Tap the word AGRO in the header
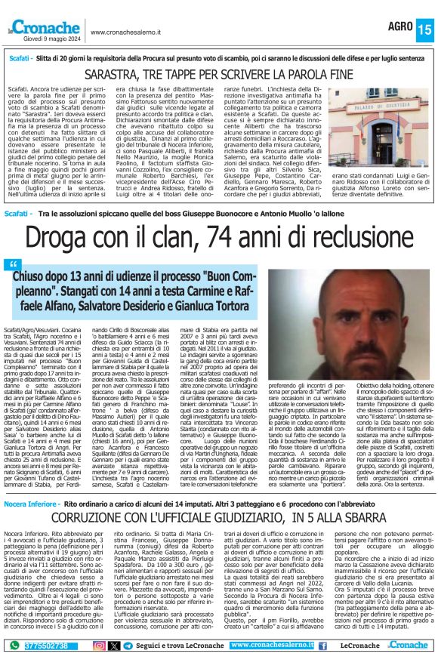coord(399,26)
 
